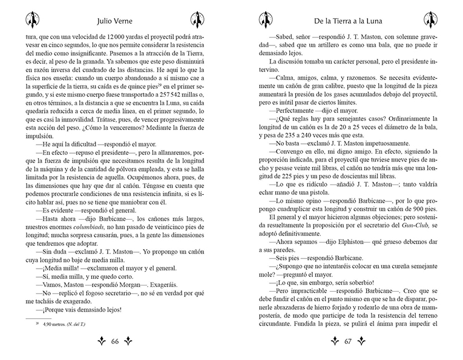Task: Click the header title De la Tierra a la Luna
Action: (349, 19)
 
